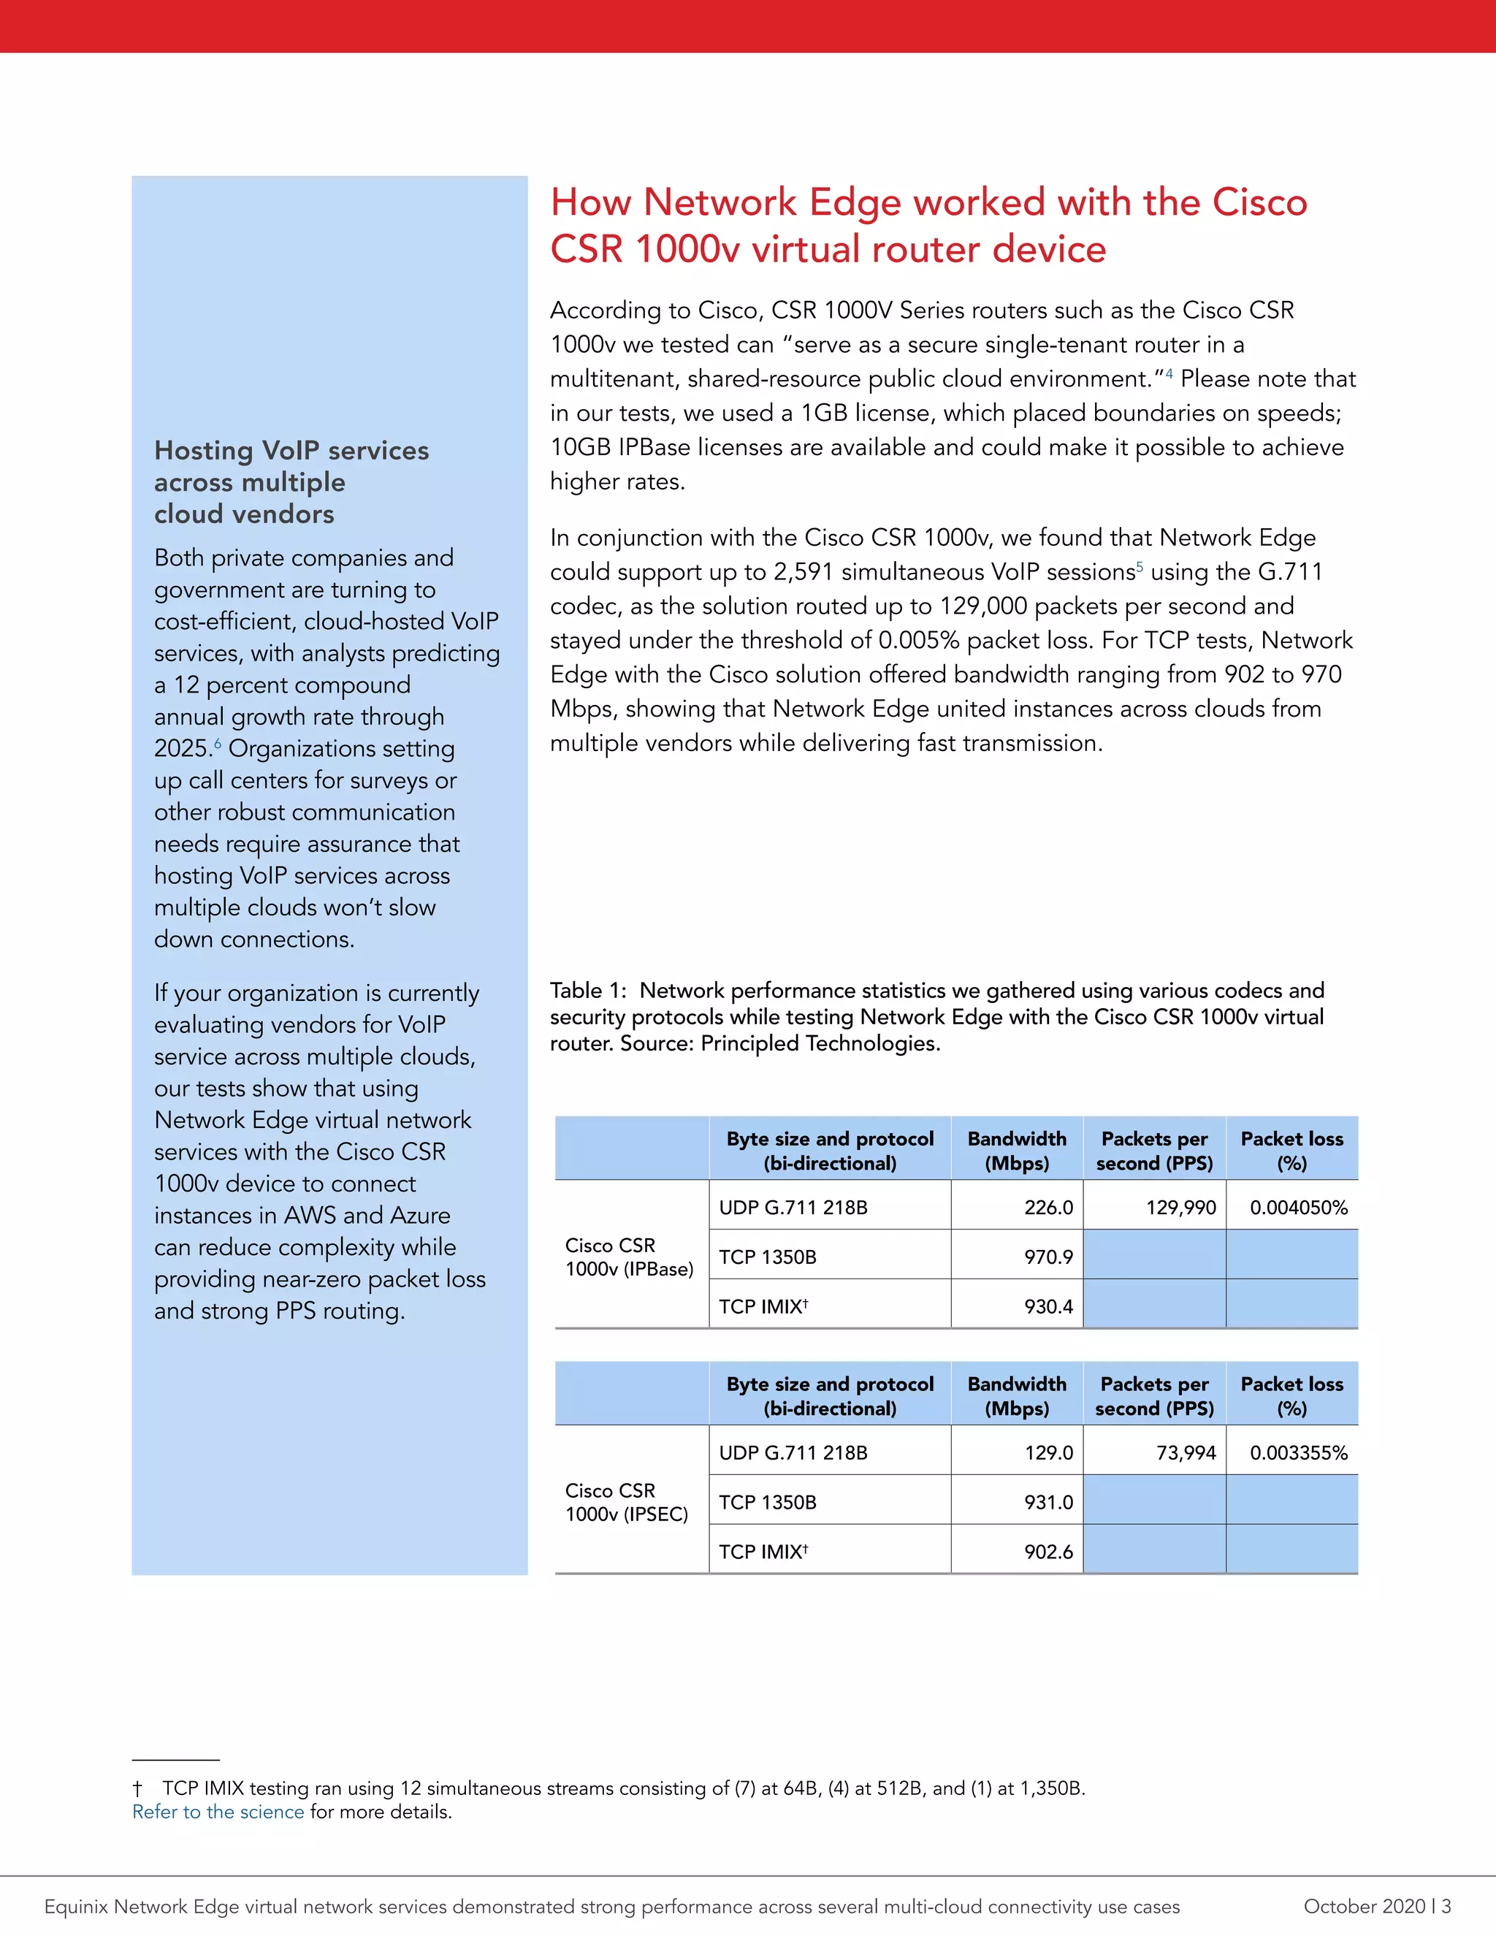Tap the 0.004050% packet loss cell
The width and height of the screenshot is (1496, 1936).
[1298, 1208]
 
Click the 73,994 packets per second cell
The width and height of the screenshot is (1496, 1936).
[1186, 1453]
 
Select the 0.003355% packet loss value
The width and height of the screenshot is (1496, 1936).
[1298, 1453]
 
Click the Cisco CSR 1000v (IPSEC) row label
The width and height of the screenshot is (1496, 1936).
[627, 1503]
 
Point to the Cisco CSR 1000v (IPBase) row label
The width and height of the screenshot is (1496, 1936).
[629, 1257]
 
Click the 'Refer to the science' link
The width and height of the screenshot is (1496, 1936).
[218, 1812]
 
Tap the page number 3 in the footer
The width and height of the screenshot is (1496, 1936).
[1446, 1907]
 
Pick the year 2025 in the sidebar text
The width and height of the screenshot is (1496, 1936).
[183, 748]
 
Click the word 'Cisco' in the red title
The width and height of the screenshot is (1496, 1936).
[1259, 202]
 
